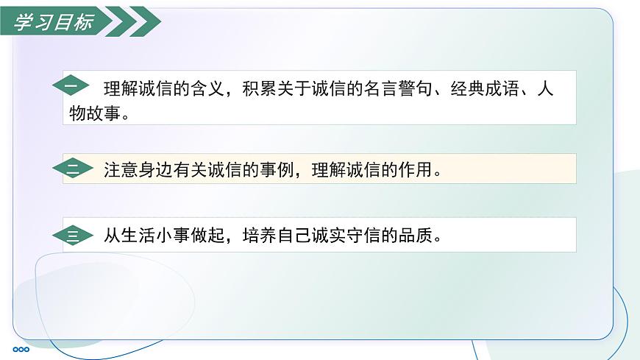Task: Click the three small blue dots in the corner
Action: click(21, 349)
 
